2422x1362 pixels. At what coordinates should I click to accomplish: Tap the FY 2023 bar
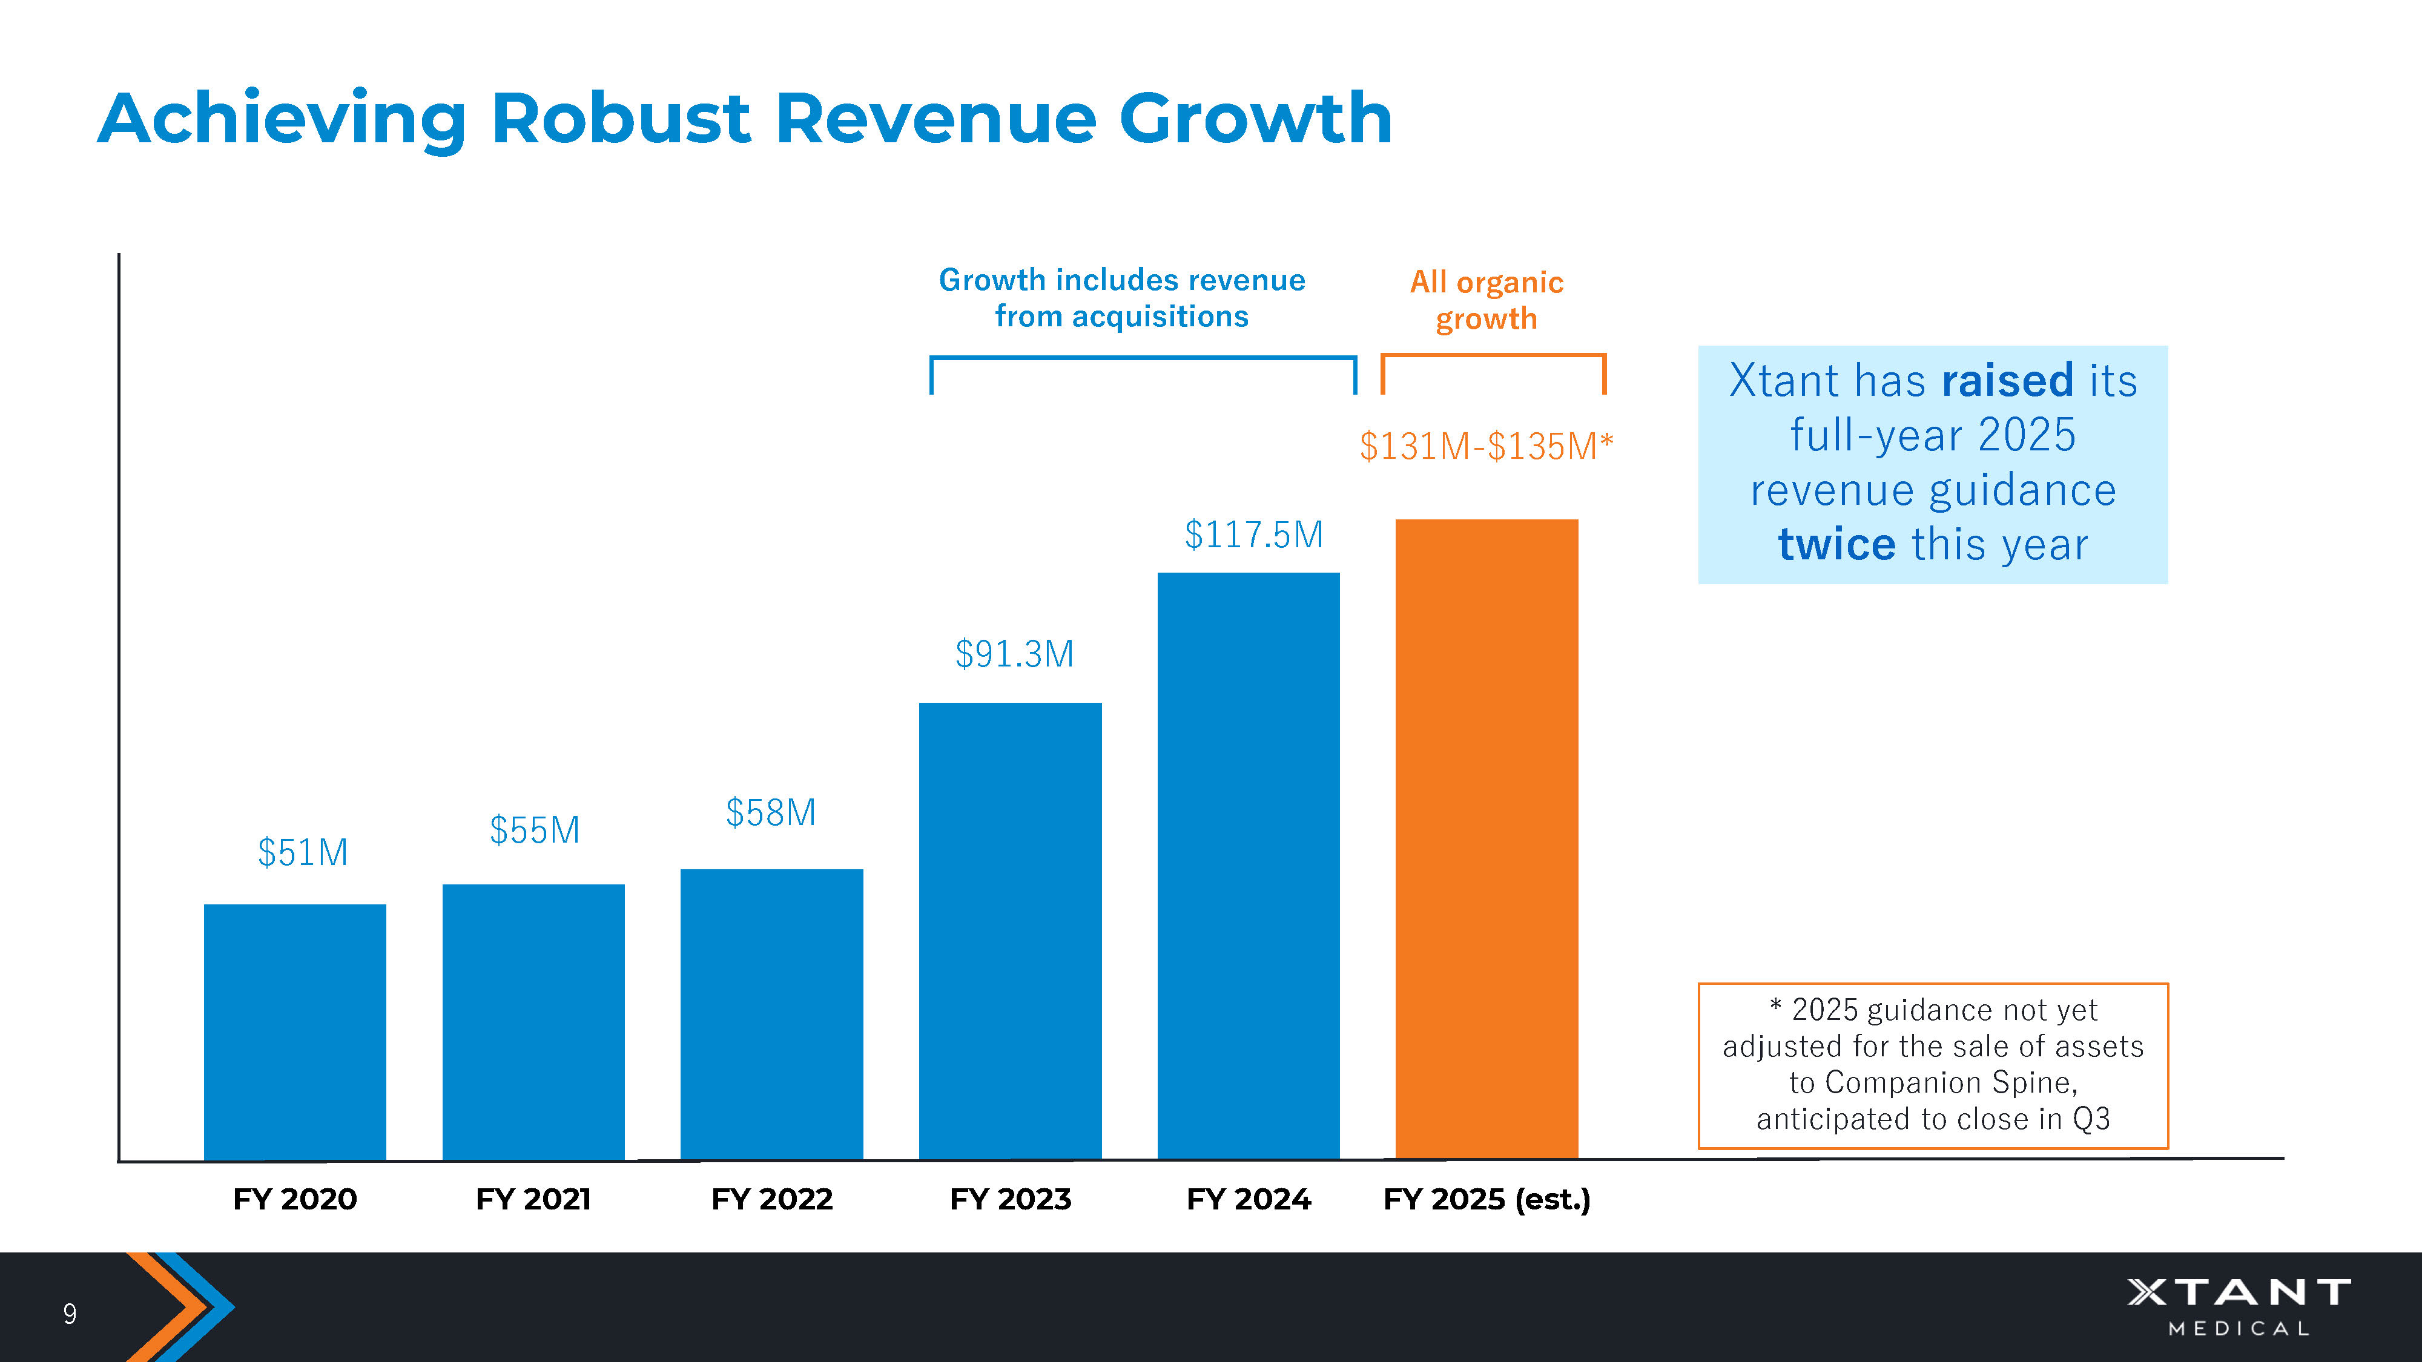pyautogui.click(x=1010, y=930)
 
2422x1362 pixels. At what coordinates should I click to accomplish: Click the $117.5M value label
pyautogui.click(x=1253, y=535)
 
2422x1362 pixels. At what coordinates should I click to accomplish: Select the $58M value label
pyautogui.click(x=770, y=813)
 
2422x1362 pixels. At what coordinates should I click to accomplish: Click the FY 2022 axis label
pyautogui.click(x=771, y=1199)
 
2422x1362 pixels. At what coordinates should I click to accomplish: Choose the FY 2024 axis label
pyautogui.click(x=1248, y=1199)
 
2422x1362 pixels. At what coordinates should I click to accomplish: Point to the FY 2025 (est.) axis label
pyautogui.click(x=1487, y=1199)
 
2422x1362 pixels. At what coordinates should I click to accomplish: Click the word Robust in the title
pyautogui.click(x=621, y=119)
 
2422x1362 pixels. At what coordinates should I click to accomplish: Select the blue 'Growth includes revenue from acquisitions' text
pyautogui.click(x=1121, y=298)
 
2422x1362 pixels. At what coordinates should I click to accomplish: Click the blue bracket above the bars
pyautogui.click(x=1143, y=358)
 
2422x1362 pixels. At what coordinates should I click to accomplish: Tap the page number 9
pyautogui.click(x=70, y=1313)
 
